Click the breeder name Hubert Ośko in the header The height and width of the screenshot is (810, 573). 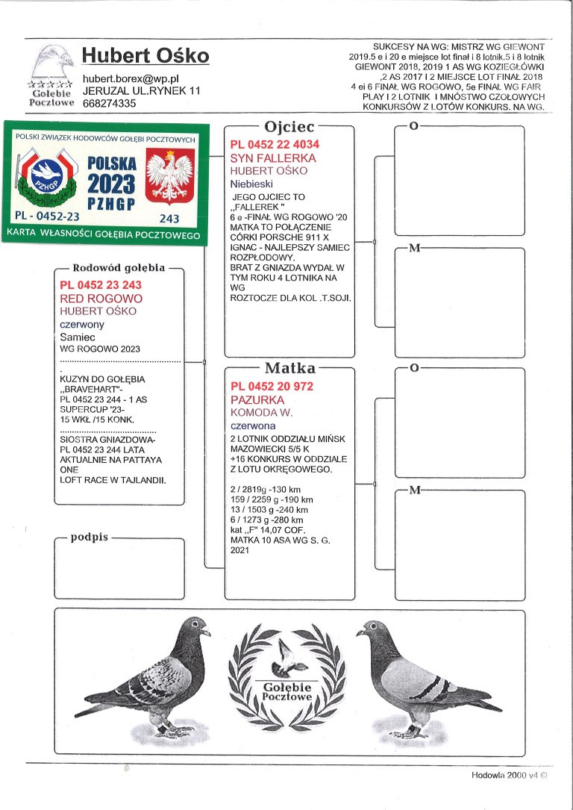click(x=145, y=56)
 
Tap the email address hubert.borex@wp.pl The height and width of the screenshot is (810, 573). click(x=131, y=78)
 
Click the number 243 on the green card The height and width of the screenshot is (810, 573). click(x=170, y=218)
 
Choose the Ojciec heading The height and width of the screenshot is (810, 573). click(x=289, y=127)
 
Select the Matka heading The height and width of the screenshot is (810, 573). click(x=289, y=368)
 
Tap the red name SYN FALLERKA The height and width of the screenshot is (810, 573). click(x=273, y=158)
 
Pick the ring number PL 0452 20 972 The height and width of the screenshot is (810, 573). click(x=272, y=386)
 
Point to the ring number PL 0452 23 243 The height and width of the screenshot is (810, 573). click(x=100, y=285)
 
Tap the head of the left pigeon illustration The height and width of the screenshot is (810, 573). click(x=196, y=626)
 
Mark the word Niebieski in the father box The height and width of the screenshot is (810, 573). click(x=252, y=183)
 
